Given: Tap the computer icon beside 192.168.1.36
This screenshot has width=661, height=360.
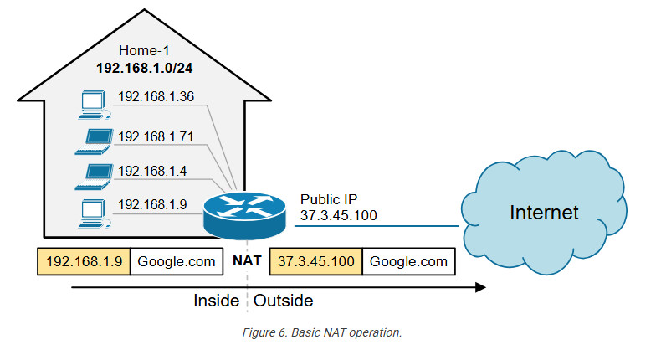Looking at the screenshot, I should (x=93, y=103).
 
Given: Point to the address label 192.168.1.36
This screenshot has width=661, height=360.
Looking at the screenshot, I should (x=156, y=97).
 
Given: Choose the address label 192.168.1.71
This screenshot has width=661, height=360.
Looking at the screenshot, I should (x=156, y=136).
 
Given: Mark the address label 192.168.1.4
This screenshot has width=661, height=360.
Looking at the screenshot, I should (x=151, y=171).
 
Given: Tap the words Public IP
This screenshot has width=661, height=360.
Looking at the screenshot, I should (x=329, y=200).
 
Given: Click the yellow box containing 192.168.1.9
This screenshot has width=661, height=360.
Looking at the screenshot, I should (x=84, y=262).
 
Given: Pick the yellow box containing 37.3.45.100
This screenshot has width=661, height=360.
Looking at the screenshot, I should (x=316, y=262).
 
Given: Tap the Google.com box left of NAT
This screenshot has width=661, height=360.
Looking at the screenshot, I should (x=177, y=262).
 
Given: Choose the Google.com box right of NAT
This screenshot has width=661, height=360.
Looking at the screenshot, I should (x=409, y=262).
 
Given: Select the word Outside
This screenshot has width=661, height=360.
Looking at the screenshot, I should (x=284, y=300).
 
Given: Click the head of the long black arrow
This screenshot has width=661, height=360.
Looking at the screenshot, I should (x=480, y=287).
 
